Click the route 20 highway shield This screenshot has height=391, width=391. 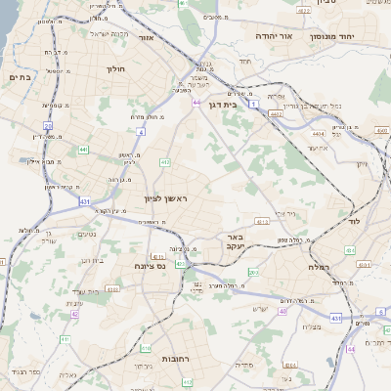tap(47, 125)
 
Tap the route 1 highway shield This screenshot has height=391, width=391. tap(253, 103)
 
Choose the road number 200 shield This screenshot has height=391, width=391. tap(253, 272)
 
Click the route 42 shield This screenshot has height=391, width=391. tap(74, 315)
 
